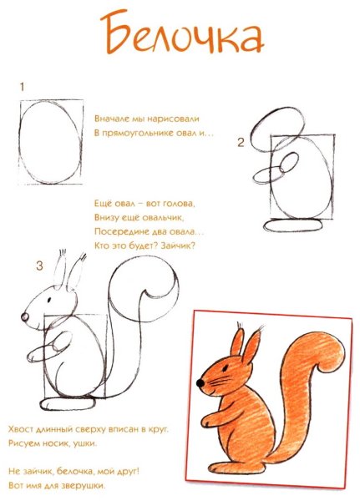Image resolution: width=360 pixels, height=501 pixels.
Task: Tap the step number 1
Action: tap(21, 86)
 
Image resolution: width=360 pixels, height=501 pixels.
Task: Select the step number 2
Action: tap(240, 143)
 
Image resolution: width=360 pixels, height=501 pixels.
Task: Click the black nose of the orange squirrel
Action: tap(200, 383)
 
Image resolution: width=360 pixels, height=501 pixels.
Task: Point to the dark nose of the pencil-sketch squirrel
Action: tap(24, 317)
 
